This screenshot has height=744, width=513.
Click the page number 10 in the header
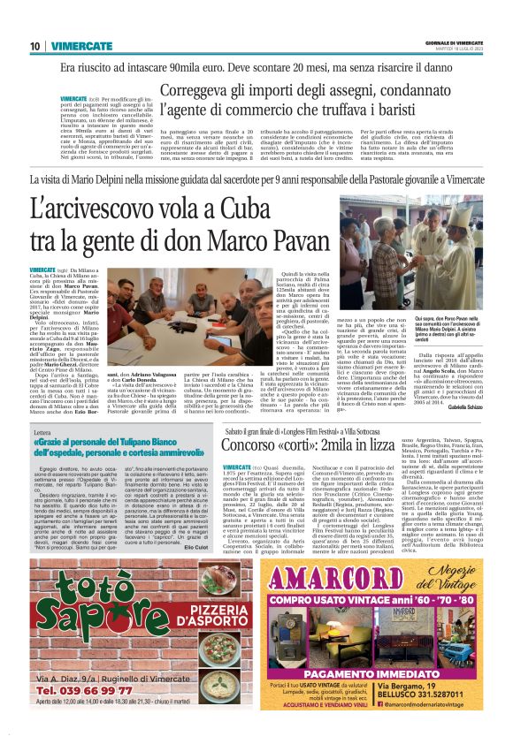[x=34, y=46]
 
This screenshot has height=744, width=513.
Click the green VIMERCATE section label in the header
[x=74, y=46]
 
